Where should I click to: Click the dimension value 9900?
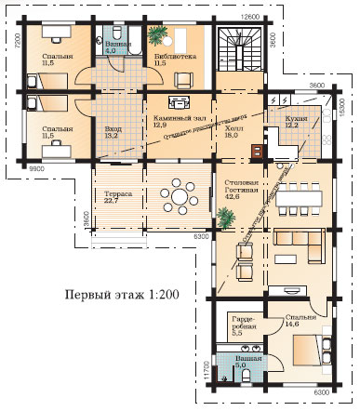37,168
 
